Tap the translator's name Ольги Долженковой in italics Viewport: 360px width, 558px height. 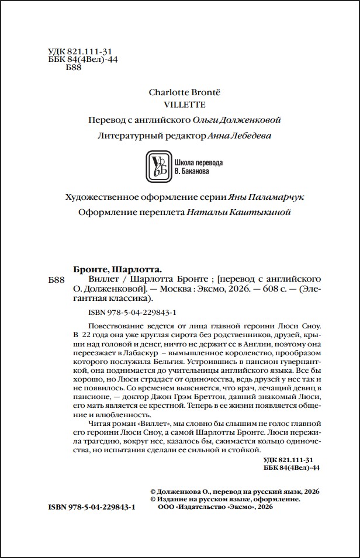click(x=238, y=120)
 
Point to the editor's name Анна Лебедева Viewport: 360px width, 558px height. click(x=240, y=135)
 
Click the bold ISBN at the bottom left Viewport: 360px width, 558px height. click(x=92, y=508)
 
